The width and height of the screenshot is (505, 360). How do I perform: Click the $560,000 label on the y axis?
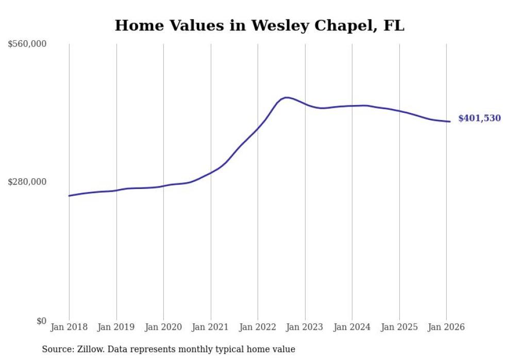point(27,44)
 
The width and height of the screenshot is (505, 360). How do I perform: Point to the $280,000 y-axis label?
point(27,182)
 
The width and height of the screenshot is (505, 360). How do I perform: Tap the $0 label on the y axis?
point(41,321)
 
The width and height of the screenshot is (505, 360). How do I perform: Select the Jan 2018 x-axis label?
point(69,327)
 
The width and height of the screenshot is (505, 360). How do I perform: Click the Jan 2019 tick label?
point(116,327)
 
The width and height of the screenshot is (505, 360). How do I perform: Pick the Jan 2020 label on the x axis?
point(163,327)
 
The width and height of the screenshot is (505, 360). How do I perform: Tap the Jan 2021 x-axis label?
point(210,327)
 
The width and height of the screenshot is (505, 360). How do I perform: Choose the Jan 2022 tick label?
point(258,327)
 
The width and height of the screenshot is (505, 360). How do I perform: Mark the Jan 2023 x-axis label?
point(305,327)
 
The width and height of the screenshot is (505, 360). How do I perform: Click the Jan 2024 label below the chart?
point(352,327)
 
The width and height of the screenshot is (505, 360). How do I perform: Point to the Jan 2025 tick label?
point(399,327)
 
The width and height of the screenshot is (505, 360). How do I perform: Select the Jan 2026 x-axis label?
point(446,327)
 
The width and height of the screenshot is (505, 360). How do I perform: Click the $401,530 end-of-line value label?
point(479,118)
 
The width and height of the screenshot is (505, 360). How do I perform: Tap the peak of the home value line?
point(286,97)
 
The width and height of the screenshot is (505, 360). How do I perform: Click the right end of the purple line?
point(450,122)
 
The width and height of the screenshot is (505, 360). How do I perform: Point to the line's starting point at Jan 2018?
point(69,196)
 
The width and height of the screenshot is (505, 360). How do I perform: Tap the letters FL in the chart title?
point(394,26)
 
